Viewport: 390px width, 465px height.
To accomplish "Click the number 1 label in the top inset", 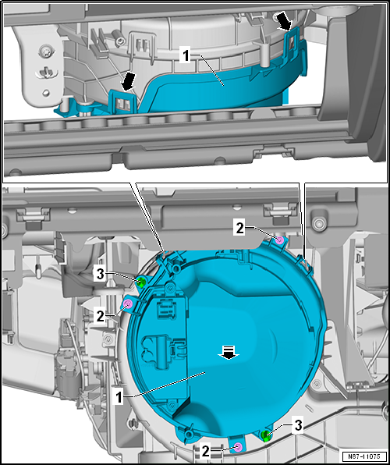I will tap(183, 57).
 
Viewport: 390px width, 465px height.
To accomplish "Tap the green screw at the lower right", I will tap(266, 435).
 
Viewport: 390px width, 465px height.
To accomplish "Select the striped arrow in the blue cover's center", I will tap(229, 353).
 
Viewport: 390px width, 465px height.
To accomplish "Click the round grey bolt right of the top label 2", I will tap(317, 224).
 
